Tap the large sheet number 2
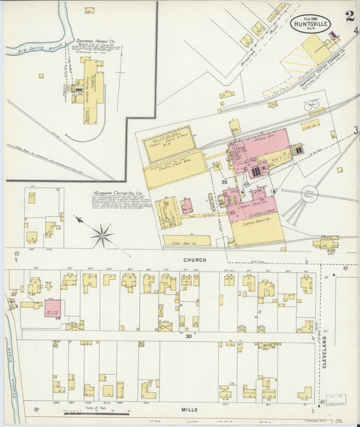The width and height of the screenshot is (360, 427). tap(349, 16)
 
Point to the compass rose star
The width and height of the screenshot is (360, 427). tap(102, 236)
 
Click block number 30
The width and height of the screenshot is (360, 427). tap(180, 335)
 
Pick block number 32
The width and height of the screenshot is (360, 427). tap(224, 182)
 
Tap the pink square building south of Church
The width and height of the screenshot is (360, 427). tap(54, 308)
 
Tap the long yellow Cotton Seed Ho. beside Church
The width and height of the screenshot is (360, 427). tap(186, 241)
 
